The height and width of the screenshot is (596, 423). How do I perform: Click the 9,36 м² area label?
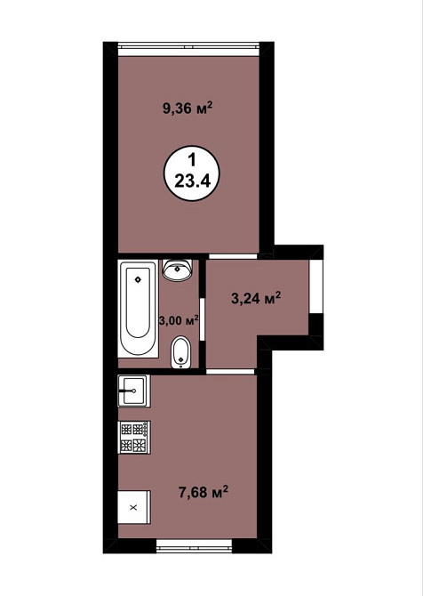pyautogui.click(x=188, y=109)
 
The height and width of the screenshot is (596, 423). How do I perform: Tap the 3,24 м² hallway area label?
pyautogui.click(x=256, y=298)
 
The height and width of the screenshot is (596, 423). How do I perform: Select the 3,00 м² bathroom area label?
pyautogui.click(x=179, y=320)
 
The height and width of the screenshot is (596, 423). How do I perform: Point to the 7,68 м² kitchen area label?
pyautogui.click(x=204, y=492)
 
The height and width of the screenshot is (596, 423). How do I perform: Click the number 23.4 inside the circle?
pyautogui.click(x=192, y=181)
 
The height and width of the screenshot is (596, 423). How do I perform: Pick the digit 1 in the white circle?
pyautogui.click(x=192, y=160)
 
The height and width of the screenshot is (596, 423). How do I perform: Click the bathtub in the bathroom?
pyautogui.click(x=138, y=309)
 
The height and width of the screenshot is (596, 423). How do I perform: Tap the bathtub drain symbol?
pyautogui.click(x=138, y=279)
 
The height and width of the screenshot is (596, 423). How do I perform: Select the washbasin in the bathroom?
pyautogui.click(x=178, y=270)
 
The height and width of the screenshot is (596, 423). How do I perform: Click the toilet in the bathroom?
pyautogui.click(x=180, y=352)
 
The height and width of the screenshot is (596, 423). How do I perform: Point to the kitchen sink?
pyautogui.click(x=133, y=391)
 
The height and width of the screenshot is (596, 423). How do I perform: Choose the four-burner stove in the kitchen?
pyautogui.click(x=134, y=437)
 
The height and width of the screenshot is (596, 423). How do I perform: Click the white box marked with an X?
pyautogui.click(x=133, y=507)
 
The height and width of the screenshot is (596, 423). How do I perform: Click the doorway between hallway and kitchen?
pyautogui.click(x=230, y=371)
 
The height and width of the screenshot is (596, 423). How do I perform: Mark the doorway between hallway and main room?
pyautogui.click(x=233, y=256)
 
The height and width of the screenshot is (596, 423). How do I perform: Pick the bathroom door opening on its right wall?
pyautogui.click(x=203, y=319)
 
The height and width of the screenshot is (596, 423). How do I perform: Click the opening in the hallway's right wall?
pyautogui.click(x=316, y=286)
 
